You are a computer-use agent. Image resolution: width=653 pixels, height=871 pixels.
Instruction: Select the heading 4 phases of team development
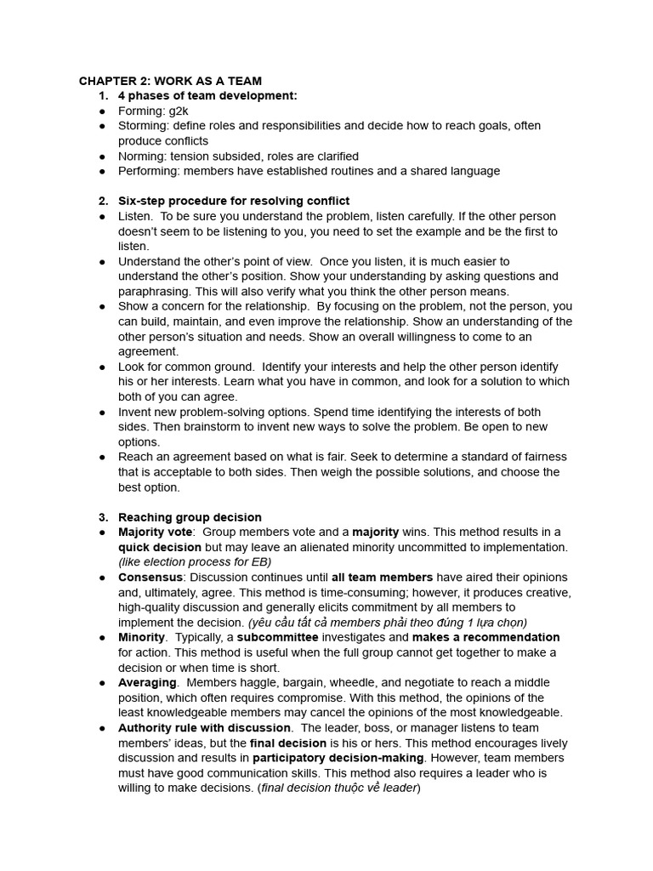(x=207, y=96)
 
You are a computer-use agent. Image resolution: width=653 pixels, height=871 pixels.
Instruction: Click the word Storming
(x=140, y=126)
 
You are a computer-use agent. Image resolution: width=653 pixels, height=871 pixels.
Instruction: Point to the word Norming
(x=139, y=157)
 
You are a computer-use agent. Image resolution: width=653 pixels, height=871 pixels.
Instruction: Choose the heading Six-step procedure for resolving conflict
(x=234, y=202)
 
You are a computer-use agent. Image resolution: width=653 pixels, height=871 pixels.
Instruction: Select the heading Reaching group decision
(x=190, y=517)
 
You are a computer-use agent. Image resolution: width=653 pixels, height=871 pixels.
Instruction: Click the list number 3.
(x=103, y=517)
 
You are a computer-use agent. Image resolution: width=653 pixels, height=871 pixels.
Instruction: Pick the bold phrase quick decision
(x=160, y=548)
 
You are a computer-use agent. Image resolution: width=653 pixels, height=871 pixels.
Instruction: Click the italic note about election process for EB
(x=195, y=562)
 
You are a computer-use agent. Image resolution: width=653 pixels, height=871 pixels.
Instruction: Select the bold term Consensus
(x=150, y=578)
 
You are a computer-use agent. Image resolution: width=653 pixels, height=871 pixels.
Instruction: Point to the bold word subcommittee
(x=277, y=637)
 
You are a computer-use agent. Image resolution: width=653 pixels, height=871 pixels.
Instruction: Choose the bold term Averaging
(x=147, y=683)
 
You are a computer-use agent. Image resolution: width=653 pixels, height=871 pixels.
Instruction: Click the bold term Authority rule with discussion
(x=204, y=728)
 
